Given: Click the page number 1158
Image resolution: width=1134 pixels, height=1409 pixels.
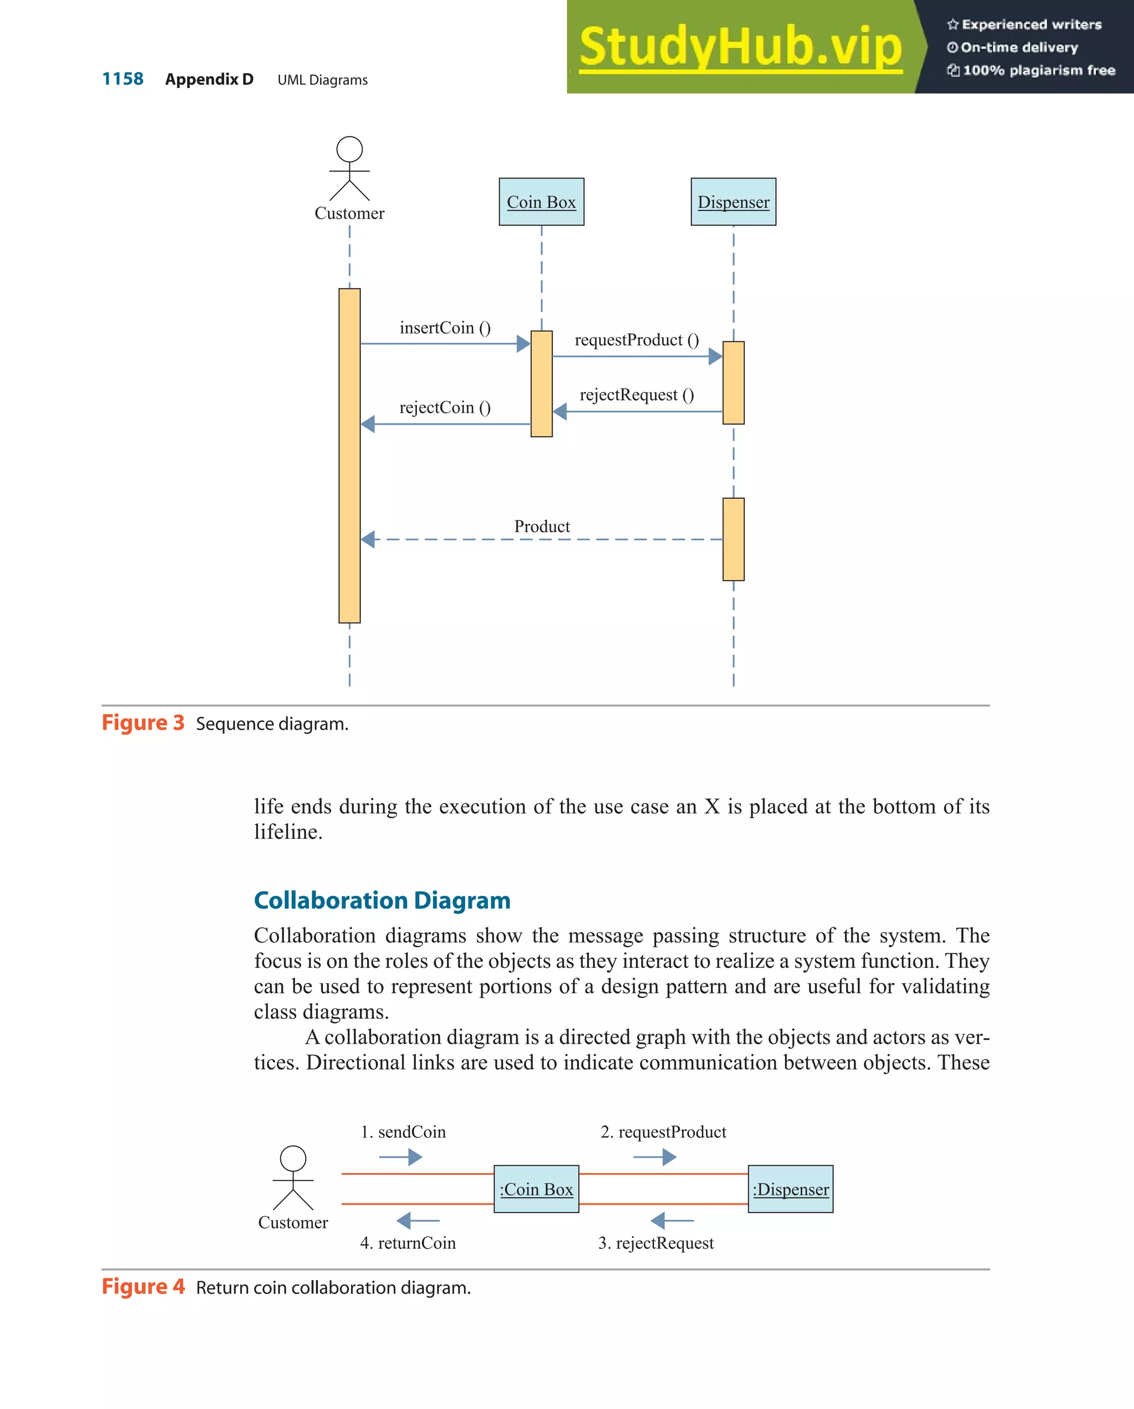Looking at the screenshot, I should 122,79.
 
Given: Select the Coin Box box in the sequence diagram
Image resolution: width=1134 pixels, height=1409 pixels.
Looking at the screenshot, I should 541,202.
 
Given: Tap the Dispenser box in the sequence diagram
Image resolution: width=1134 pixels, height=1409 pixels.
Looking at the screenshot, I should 733,202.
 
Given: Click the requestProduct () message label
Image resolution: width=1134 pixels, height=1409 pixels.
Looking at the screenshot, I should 637,340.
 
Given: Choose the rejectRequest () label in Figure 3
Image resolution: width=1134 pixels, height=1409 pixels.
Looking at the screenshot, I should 637,395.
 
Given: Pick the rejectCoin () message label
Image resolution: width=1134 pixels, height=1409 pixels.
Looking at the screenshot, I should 445,408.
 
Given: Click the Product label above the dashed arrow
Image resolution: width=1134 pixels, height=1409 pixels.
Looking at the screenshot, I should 542,526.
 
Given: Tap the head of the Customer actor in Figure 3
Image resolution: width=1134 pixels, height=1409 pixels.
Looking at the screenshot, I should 350,149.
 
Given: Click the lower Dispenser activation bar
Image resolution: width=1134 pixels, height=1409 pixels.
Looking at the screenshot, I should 733,539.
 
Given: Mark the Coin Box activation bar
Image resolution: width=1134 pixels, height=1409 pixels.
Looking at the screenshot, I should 541,384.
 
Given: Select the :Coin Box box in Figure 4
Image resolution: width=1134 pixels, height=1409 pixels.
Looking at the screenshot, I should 536,1189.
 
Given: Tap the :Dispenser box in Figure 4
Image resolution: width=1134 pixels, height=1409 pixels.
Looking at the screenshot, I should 790,1189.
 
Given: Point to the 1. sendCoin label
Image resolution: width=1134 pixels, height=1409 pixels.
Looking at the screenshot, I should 403,1132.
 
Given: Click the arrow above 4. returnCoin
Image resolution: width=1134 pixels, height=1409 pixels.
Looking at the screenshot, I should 418,1220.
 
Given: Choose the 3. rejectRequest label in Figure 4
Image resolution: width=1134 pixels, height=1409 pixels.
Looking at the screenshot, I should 656,1242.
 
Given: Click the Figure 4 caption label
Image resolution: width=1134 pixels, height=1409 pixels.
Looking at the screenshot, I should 143,1286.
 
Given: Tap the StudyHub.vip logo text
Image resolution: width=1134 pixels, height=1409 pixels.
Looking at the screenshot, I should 740,47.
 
